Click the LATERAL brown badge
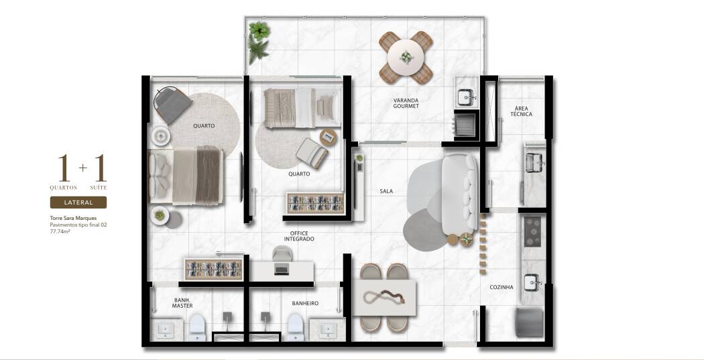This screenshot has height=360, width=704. [78, 202]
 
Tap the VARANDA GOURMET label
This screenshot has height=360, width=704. [406, 103]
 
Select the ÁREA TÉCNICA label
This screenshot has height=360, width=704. [521, 111]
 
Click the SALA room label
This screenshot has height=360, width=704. [386, 191]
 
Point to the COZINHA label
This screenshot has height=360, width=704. [502, 288]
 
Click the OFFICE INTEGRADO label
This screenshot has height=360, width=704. [299, 236]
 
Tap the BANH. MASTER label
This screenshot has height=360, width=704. [182, 303]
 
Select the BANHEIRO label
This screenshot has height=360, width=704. [305, 304]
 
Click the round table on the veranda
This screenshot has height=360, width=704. [406, 58]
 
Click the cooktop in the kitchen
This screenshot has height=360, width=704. [533, 232]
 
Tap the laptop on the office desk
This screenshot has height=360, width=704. [282, 270]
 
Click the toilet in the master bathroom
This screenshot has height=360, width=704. [196, 327]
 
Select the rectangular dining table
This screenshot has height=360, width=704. [384, 298]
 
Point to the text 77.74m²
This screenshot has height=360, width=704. [60, 232]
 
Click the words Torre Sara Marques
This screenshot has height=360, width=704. [73, 218]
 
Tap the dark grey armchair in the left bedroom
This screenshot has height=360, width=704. [173, 105]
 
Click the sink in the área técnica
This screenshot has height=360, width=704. [534, 162]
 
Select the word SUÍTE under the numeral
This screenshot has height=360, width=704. [99, 188]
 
